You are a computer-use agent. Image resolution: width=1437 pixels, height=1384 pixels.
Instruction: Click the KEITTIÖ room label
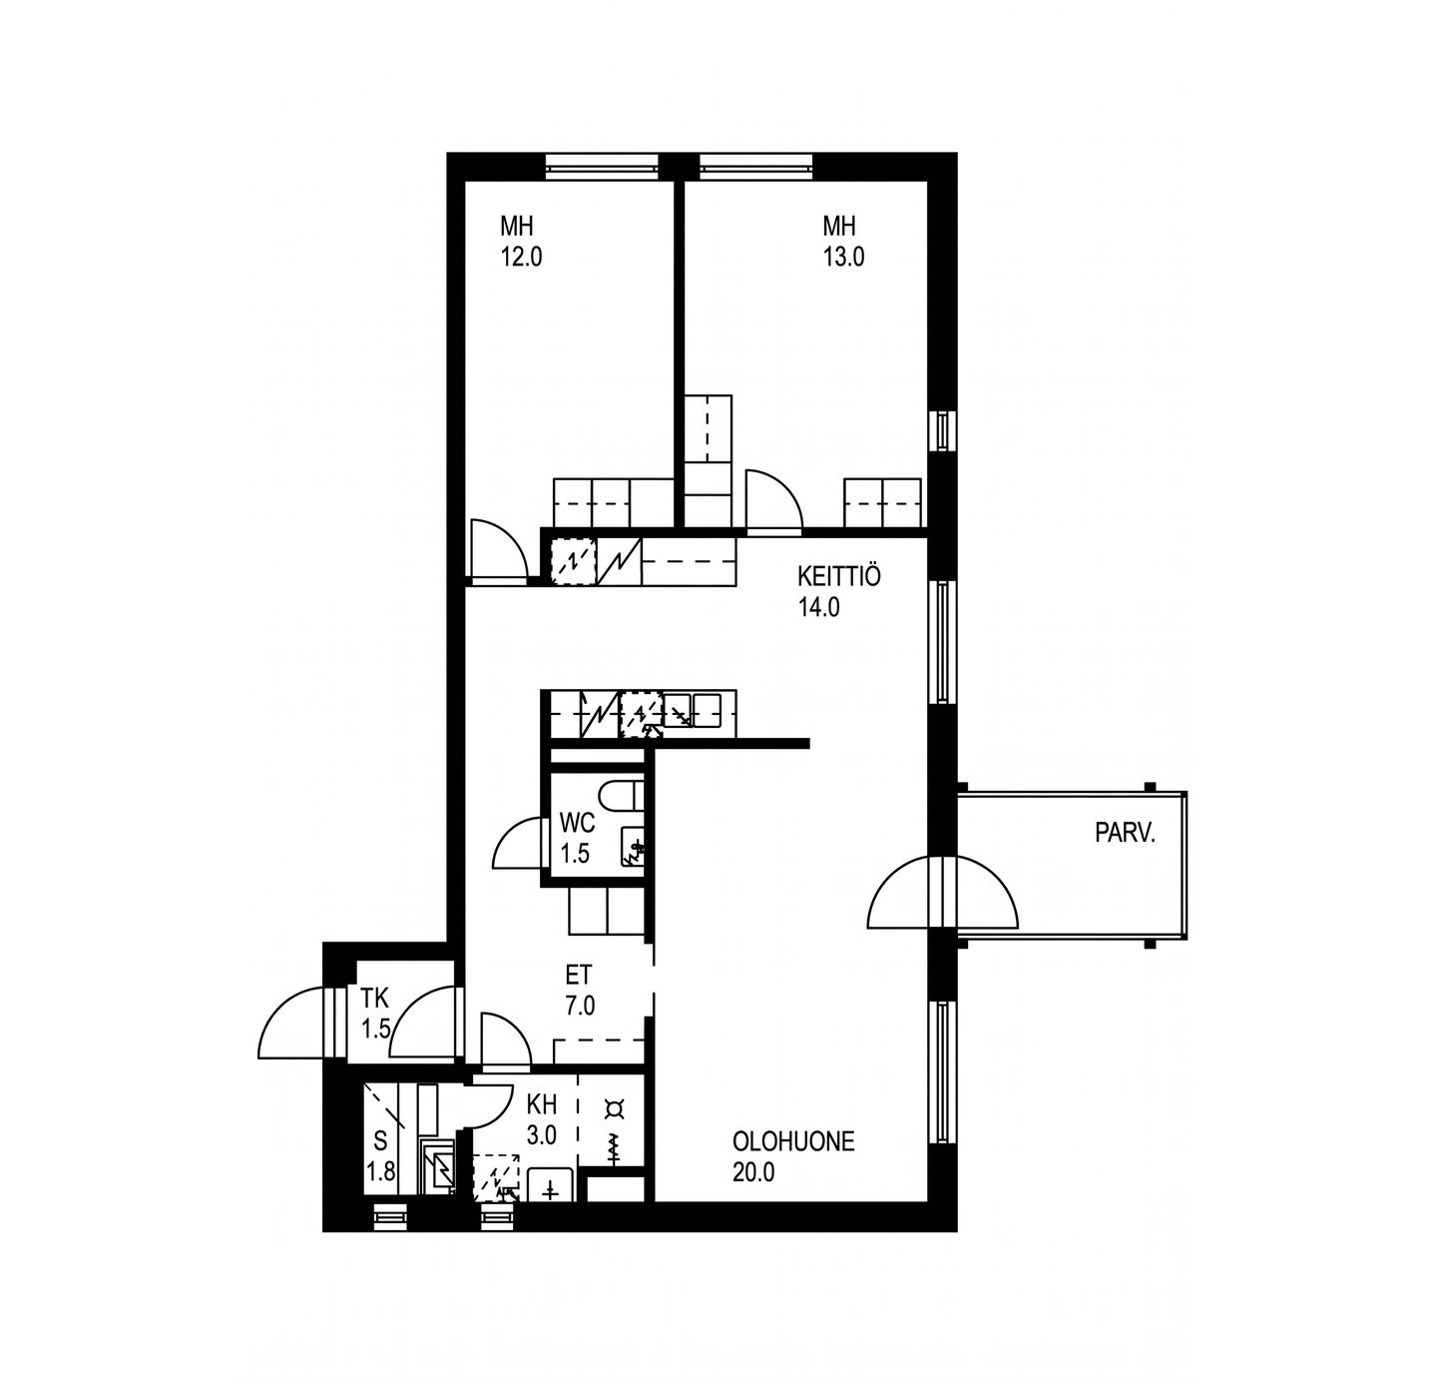[x=839, y=575]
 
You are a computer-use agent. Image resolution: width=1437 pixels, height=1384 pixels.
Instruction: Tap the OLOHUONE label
[x=793, y=1141]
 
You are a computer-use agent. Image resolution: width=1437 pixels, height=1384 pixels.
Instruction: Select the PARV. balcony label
[x=1125, y=834]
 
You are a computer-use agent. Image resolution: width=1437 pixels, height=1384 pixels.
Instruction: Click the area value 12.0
[x=521, y=257]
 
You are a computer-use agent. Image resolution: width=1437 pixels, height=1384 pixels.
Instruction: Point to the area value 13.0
[x=844, y=257]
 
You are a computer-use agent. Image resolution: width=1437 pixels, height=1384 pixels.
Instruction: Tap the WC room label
[x=576, y=822]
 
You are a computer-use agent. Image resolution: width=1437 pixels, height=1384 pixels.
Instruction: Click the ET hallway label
[x=579, y=975]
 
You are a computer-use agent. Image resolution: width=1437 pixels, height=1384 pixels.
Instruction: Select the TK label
[x=374, y=999]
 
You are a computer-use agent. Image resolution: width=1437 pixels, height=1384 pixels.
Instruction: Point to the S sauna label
[x=380, y=1141]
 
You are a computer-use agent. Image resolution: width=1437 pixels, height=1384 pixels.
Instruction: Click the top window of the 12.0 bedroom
[x=601, y=166]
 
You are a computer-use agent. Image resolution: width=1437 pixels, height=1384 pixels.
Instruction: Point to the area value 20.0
[x=753, y=1172]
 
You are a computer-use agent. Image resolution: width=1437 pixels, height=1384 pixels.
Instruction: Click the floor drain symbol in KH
[x=614, y=1108]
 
